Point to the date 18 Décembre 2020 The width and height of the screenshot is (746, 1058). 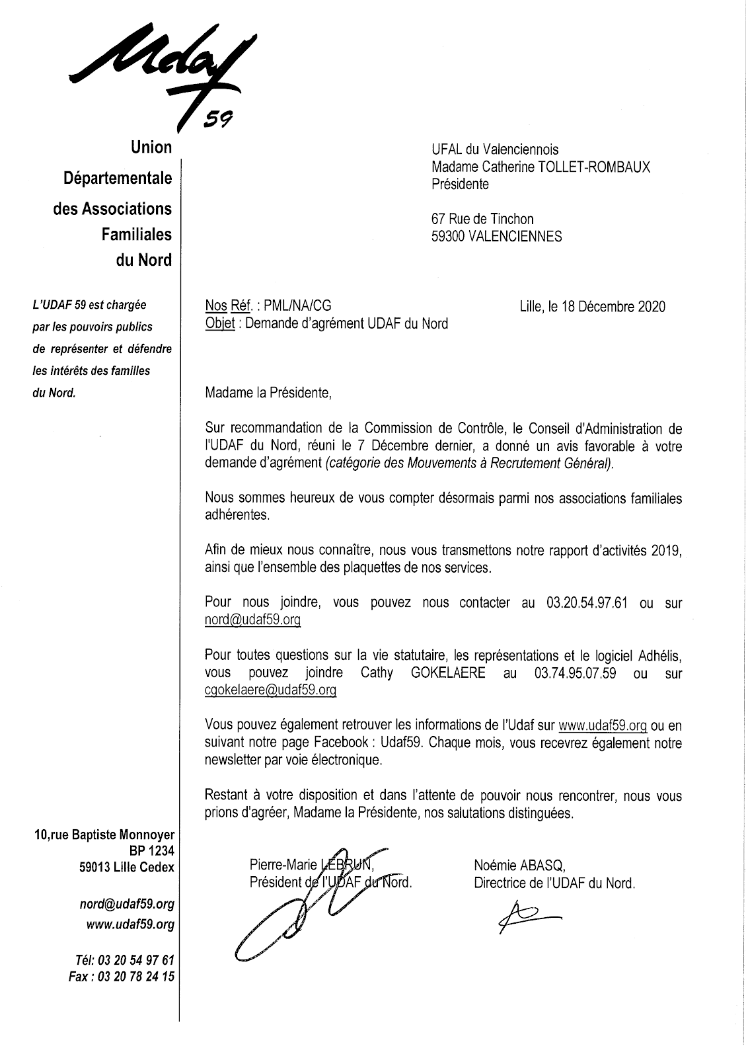pos(613,306)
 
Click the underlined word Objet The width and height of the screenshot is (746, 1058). pos(220,323)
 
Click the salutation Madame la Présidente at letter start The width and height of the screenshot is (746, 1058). pos(268,393)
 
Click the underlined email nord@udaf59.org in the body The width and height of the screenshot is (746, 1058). pos(253,620)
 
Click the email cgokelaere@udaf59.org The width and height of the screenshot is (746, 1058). pos(271,690)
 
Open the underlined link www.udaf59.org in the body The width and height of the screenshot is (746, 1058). pos(603,725)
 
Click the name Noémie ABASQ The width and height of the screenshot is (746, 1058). pos(519,864)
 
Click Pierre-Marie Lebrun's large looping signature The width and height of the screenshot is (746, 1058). pos(291,913)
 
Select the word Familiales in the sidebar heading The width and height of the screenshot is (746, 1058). pos(136,234)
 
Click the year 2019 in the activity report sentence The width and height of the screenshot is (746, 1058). pos(666,550)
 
